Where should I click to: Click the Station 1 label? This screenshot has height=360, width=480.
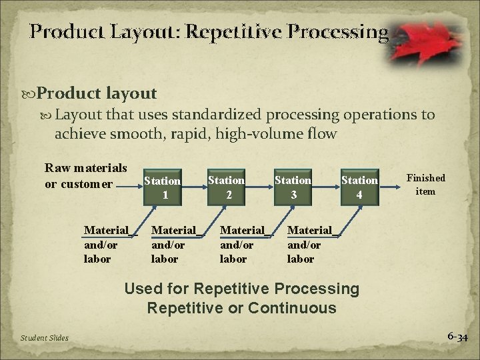(x=163, y=187)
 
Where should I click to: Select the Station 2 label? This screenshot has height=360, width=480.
(x=227, y=186)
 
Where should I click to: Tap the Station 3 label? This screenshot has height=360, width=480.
(x=293, y=187)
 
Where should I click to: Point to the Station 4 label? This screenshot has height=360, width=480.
(x=360, y=187)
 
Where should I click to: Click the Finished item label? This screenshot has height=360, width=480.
(x=425, y=185)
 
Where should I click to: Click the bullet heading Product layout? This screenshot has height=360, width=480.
(x=97, y=94)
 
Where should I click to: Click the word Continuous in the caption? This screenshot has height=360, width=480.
(x=292, y=308)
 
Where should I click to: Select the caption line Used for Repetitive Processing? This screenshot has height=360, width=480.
(x=242, y=289)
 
